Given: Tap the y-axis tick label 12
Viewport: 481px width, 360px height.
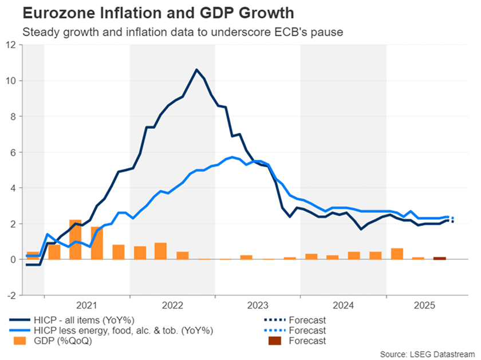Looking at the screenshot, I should click(x=12, y=45).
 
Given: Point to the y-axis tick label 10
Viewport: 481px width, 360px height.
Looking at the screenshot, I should click(x=12, y=81).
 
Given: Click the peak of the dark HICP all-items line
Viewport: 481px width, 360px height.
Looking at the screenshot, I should click(x=196, y=70).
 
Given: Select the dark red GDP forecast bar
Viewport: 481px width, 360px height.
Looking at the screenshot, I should click(x=439, y=258).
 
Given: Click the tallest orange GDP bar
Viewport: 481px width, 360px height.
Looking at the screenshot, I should click(x=76, y=239).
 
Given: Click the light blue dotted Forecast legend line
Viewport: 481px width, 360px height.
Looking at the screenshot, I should click(x=275, y=330).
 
